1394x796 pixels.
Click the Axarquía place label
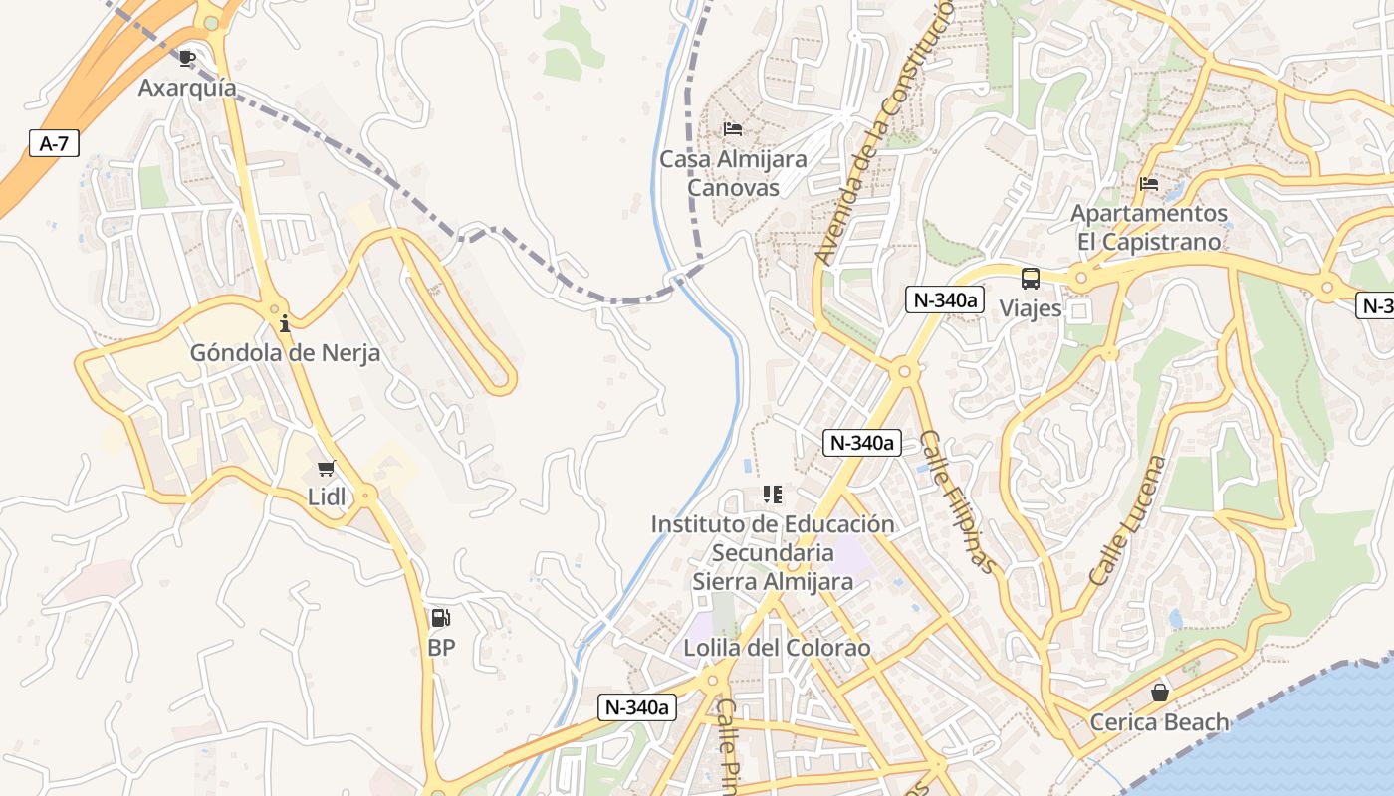pos(187,88)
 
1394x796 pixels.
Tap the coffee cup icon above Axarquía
pos(187,58)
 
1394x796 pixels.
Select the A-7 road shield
pos(54,144)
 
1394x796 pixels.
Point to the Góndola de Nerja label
pos(285,353)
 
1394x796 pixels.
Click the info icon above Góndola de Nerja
pos(285,323)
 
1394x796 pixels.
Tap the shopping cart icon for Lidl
pos(326,469)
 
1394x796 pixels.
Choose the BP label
pos(441,648)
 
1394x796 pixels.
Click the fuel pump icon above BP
pos(440,618)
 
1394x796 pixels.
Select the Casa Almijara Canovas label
pos(733,173)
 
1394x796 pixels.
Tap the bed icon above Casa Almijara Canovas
pos(733,129)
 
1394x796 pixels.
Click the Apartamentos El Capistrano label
pos(1148,228)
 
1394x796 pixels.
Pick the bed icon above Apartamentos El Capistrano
pos(1148,184)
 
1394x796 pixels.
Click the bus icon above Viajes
pos(1031,279)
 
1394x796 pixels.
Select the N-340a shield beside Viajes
pos(944,299)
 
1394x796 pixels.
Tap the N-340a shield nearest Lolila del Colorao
pos(637,707)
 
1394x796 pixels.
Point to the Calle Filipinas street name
pos(957,501)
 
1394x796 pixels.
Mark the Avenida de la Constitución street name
pos(882,134)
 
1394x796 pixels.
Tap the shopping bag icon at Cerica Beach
pos(1159,693)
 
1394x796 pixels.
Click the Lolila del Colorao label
pos(777,649)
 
